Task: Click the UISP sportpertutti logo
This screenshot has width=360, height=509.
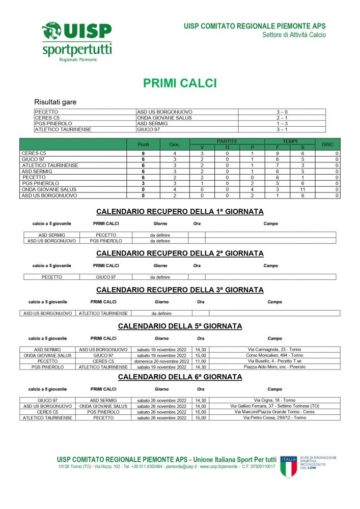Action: click(76, 41)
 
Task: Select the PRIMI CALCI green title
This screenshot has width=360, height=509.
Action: click(180, 83)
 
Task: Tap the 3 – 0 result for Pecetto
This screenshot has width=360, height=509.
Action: click(282, 111)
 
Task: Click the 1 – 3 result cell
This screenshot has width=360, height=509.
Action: click(282, 123)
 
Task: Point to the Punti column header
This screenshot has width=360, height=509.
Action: click(143, 145)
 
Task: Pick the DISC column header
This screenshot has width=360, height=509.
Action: click(327, 145)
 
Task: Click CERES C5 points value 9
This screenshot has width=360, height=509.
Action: click(143, 153)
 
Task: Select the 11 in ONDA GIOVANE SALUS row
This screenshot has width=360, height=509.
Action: click(302, 189)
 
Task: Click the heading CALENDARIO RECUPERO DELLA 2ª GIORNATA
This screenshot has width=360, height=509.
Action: click(180, 253)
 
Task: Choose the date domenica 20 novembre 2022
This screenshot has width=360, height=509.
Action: click(162, 361)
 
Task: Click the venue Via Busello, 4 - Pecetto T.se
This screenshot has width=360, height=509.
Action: click(274, 361)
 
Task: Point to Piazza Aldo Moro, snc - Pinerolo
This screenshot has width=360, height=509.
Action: click(274, 366)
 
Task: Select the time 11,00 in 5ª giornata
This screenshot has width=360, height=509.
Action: click(201, 361)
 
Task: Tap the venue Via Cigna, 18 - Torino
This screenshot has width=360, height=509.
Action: click(274, 400)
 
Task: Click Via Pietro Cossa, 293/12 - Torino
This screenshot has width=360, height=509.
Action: click(274, 417)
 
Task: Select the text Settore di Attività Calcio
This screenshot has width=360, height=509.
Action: click(294, 35)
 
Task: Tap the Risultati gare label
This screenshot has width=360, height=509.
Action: click(55, 102)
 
